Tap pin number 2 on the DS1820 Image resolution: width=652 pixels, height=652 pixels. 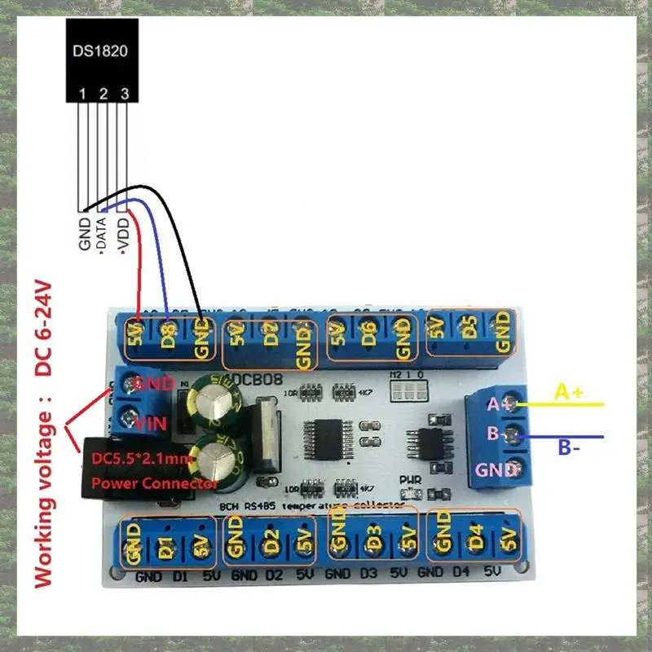[x=104, y=95]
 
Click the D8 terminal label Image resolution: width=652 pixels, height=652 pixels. [x=169, y=335]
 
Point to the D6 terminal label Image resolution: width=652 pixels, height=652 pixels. [x=368, y=334]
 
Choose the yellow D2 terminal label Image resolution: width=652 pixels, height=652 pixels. [x=271, y=540]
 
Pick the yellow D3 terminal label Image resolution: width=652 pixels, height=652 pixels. [x=372, y=539]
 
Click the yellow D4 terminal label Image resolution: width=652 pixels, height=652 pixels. [x=478, y=539]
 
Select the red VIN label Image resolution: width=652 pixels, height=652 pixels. [x=152, y=424]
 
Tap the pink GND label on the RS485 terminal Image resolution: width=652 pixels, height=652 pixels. [x=497, y=469]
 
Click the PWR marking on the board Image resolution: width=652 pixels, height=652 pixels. [x=411, y=480]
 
